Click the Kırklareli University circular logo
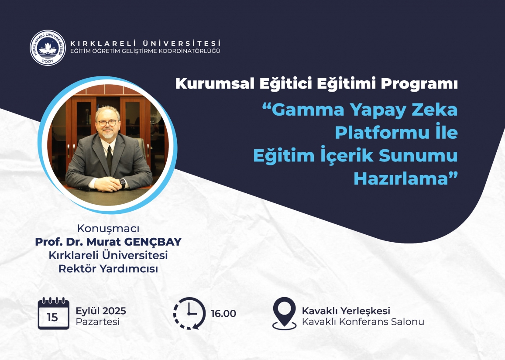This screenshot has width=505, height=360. (48, 48)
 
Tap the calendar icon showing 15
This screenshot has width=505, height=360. (53, 313)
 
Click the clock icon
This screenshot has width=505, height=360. (189, 313)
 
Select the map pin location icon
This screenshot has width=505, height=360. (284, 313)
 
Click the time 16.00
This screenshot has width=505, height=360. (223, 313)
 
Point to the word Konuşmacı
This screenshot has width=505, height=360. (108, 229)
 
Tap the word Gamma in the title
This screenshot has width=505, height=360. (308, 110)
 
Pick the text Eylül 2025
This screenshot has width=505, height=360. (101, 311)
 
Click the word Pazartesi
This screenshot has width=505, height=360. (98, 322)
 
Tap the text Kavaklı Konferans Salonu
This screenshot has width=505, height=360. (363, 322)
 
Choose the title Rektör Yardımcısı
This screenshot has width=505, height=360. (108, 268)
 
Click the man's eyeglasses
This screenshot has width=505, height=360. (107, 123)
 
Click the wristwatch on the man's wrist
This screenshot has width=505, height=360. (122, 183)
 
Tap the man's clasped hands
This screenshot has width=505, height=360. (107, 184)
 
